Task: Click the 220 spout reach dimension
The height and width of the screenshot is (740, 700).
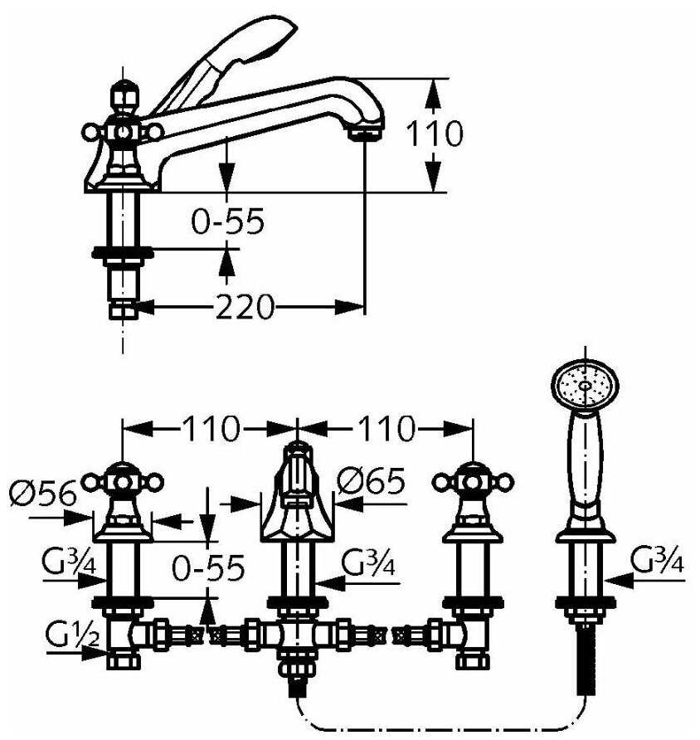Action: (245, 307)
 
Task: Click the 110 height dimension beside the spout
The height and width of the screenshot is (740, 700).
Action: (435, 134)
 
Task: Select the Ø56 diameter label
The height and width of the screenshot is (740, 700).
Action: (43, 493)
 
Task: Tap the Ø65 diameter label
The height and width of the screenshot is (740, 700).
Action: (372, 481)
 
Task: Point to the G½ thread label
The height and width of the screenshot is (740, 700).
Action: (73, 633)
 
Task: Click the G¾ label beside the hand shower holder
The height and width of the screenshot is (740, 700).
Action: (657, 558)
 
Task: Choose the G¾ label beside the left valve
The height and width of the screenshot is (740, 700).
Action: (69, 561)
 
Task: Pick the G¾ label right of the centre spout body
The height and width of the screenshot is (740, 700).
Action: (368, 562)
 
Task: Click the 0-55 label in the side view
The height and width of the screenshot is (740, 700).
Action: (228, 222)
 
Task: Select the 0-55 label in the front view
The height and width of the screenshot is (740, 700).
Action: (208, 567)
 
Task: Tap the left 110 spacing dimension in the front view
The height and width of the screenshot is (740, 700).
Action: (211, 429)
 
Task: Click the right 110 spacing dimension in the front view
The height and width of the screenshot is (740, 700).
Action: (386, 429)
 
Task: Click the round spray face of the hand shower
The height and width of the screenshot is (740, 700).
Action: (585, 385)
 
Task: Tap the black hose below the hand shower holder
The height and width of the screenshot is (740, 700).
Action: (586, 660)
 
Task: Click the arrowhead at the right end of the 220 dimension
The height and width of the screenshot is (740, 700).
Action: (349, 307)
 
